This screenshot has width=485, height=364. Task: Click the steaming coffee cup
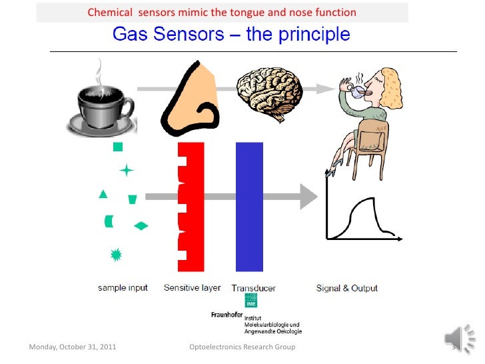101,107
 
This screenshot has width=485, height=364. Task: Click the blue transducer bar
250,207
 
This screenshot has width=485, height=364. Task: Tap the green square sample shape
118,147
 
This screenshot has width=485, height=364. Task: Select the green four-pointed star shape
126,171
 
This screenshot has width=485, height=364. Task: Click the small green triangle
103,195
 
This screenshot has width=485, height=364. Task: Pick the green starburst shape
115,254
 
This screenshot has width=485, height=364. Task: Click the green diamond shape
141,226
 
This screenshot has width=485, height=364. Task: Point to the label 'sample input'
122,289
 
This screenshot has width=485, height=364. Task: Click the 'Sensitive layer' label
193,289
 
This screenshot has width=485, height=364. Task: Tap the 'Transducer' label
254,289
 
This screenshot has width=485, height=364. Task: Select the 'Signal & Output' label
346,289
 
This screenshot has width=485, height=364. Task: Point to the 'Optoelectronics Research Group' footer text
242,347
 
